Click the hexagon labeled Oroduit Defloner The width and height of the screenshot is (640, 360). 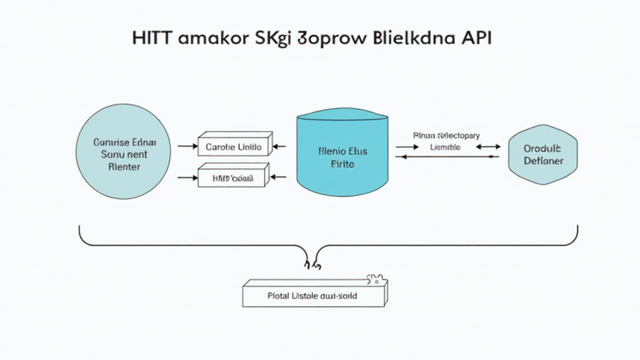click(x=543, y=155)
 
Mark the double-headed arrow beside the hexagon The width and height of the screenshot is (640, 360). click(x=488, y=147)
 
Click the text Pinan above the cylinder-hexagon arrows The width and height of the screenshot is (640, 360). click(x=424, y=134)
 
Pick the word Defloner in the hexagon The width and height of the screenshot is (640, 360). click(x=543, y=161)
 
